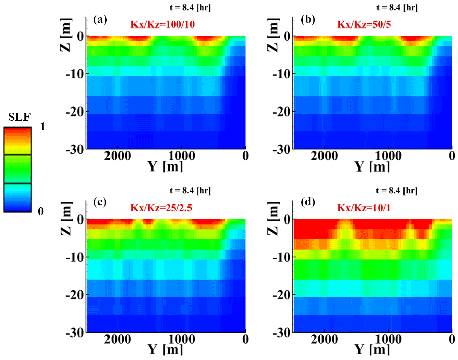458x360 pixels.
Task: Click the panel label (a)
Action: tap(100, 20)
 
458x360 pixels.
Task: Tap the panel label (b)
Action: tap(307, 20)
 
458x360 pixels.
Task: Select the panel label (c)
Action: tap(100, 202)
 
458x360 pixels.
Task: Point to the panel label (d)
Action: tap(307, 202)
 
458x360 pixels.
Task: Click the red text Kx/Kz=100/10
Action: tap(158, 24)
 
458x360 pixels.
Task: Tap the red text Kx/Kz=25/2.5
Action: tap(161, 207)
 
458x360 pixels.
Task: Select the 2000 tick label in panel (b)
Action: tap(325, 155)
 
